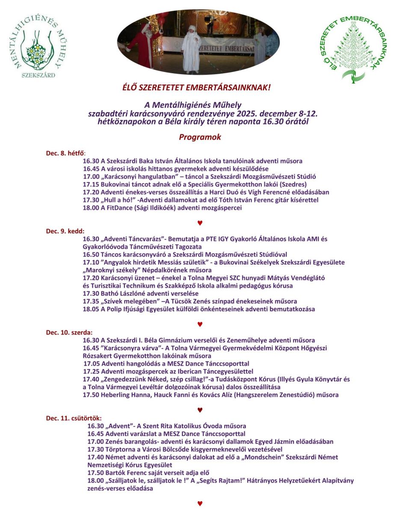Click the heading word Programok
pyautogui.click(x=200, y=137)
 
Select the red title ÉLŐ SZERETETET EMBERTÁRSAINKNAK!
pyautogui.click(x=197, y=87)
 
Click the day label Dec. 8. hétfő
pyautogui.click(x=66, y=153)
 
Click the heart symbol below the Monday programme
pyautogui.click(x=200, y=223)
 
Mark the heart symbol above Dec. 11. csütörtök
pyautogui.click(x=200, y=410)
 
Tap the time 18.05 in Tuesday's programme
pyautogui.click(x=91, y=309)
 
